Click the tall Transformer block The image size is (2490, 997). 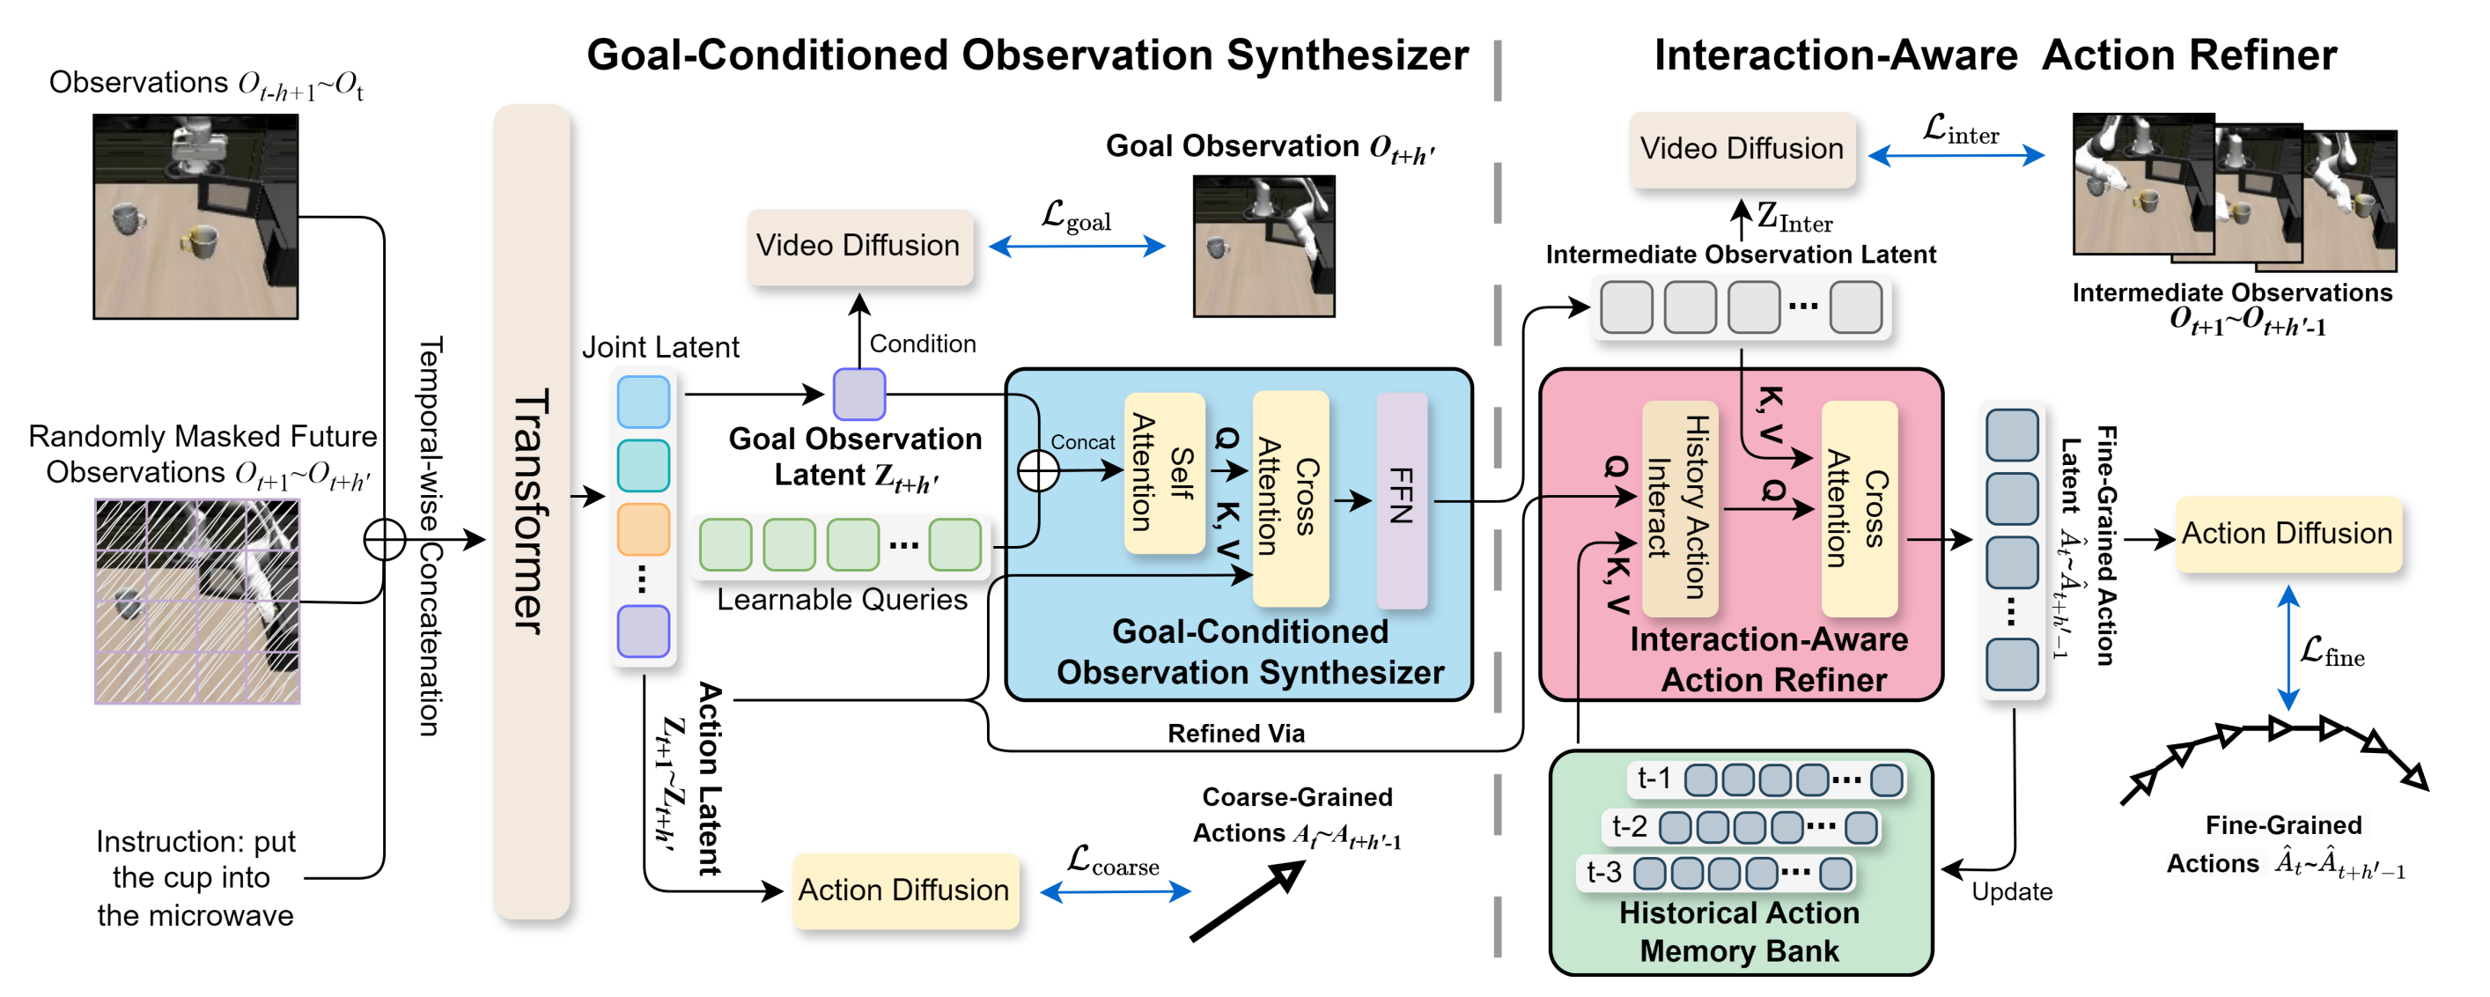tap(532, 512)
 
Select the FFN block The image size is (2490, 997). tap(1402, 500)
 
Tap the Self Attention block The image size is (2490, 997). tap(1165, 473)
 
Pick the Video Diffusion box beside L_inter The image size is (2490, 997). tap(1742, 149)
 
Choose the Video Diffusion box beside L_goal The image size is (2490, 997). tap(859, 247)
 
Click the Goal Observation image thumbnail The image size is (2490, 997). tap(1263, 246)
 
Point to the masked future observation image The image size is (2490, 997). tap(197, 602)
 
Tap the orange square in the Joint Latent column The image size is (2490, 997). tap(643, 529)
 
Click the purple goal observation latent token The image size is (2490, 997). tap(859, 394)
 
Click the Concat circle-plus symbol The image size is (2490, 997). tap(1038, 471)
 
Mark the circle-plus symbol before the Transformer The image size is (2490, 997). tap(385, 540)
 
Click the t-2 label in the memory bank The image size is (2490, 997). tap(1629, 826)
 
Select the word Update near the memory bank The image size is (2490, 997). tap(2012, 891)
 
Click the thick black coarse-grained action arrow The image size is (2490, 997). tap(1247, 900)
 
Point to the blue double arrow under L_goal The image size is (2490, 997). tap(1077, 247)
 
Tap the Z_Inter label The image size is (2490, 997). tap(1794, 218)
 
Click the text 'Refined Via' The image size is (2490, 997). tap(1236, 734)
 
